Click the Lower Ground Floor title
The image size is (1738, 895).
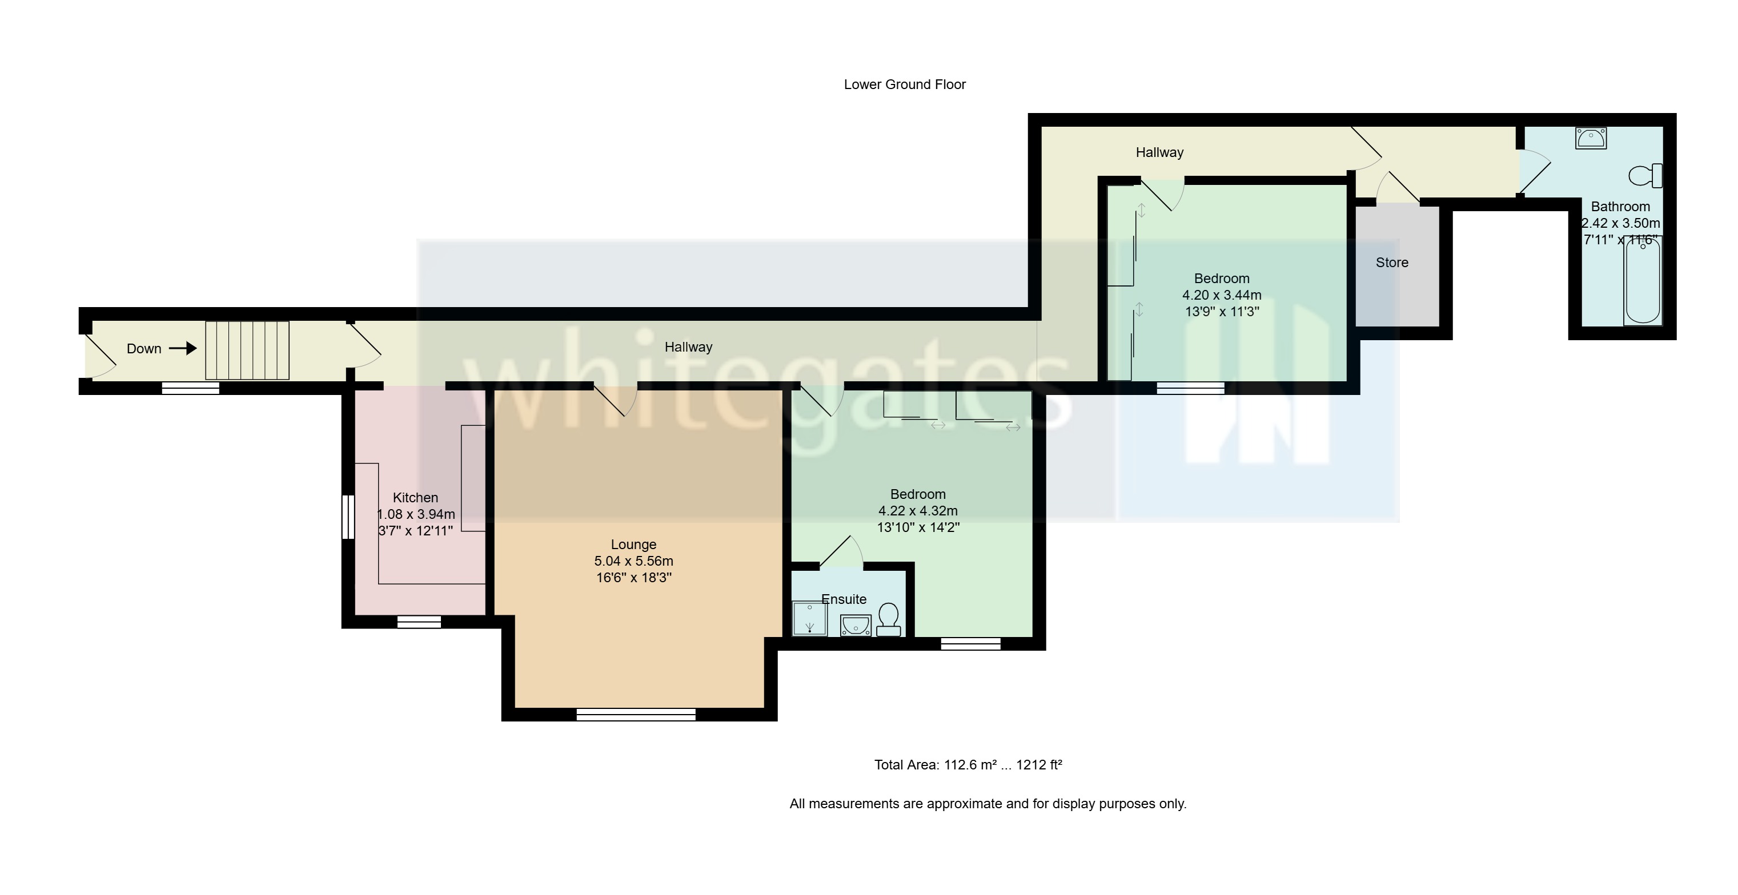pos(904,84)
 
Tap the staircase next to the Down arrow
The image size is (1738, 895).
pos(247,350)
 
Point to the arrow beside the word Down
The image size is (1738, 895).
pos(182,348)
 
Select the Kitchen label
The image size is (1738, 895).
pos(415,498)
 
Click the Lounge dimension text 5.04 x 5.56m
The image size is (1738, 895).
pos(633,561)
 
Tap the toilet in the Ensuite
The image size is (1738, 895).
pos(889,620)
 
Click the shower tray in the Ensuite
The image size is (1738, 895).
pos(809,619)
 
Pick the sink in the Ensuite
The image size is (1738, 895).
pos(855,625)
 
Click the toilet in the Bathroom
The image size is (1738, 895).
pos(1645,176)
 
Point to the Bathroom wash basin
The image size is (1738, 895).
pos(1590,138)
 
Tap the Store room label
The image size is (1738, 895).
pos(1391,263)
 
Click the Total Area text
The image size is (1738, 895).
pos(968,765)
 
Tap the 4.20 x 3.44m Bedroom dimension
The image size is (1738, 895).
pos(1221,295)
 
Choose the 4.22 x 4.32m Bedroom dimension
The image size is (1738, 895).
pos(918,510)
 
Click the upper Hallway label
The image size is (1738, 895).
pos(1158,152)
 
